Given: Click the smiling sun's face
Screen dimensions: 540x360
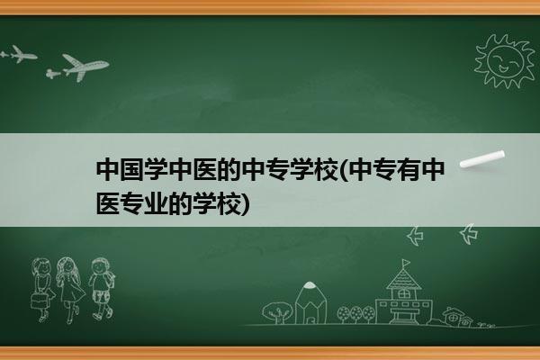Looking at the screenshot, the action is pyautogui.click(x=506, y=61).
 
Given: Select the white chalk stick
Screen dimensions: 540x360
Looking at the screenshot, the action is pyautogui.click(x=482, y=159).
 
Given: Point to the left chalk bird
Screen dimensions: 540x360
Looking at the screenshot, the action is pyautogui.click(x=415, y=236).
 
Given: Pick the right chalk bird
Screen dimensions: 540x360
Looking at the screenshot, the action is pyautogui.click(x=469, y=234).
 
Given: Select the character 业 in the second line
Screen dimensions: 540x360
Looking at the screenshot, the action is pyautogui.click(x=156, y=203).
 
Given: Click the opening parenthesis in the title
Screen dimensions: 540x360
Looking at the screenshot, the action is pyautogui.click(x=345, y=170).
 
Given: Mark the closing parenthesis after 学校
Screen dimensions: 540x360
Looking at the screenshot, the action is pyautogui.click(x=245, y=204).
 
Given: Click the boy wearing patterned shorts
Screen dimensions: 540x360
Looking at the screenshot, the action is pyautogui.click(x=101, y=289).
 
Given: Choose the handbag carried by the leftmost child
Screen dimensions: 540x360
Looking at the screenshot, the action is pyautogui.click(x=38, y=301).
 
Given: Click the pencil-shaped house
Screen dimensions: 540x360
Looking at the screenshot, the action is pyautogui.click(x=310, y=302).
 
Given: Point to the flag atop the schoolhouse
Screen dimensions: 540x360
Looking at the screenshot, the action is pyautogui.click(x=406, y=263).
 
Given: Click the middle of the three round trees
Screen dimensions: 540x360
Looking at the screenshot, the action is pyautogui.click(x=355, y=314).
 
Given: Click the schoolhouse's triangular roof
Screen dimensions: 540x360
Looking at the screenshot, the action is pyautogui.click(x=403, y=279).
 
